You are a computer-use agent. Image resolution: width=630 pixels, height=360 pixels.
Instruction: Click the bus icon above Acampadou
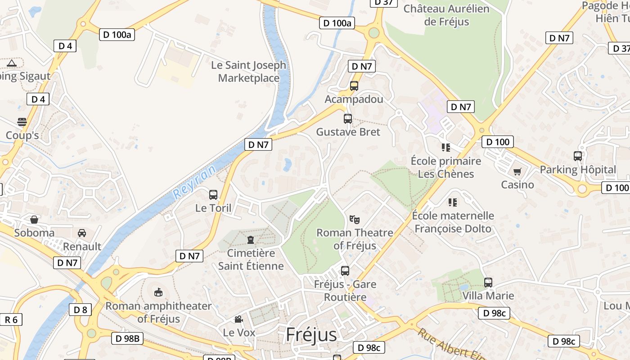coord(354,85)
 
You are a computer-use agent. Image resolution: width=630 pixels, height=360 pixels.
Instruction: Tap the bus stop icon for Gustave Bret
coord(348,119)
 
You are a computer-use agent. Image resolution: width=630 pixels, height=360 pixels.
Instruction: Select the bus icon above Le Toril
coord(213,195)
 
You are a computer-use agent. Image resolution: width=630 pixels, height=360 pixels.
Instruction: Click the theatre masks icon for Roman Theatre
coord(355,220)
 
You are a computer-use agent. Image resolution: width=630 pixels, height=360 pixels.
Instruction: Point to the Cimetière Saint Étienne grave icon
coord(251,239)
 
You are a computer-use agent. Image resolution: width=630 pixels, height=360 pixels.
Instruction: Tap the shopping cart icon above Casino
coord(517,171)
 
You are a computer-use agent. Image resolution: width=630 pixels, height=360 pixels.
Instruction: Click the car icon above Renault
coord(82,233)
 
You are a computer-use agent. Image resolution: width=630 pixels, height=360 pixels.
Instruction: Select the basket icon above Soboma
coord(34,220)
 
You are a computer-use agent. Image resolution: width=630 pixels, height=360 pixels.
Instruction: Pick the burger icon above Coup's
coord(22,122)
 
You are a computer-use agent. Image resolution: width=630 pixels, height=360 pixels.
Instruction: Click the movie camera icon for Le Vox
coord(238,319)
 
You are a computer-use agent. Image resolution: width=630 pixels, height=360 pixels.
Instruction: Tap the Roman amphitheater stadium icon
coord(158,292)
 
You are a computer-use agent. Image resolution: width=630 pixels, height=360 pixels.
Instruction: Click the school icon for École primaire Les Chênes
coord(446,148)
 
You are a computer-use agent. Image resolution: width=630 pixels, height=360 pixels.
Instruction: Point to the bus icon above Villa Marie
coord(488,283)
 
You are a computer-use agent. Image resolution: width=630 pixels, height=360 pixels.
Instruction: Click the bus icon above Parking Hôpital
coord(578,156)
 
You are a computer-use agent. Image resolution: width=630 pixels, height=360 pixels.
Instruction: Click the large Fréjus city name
coord(311,335)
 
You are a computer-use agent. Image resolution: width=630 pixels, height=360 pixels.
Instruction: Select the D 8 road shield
coord(81,310)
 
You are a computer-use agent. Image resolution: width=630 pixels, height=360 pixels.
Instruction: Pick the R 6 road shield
coord(11,319)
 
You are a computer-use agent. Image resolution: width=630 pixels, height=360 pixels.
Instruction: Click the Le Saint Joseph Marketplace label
coord(249,72)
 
